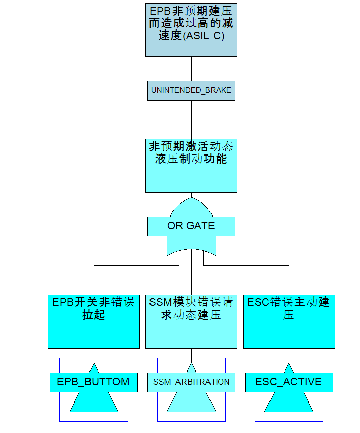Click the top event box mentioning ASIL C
191,30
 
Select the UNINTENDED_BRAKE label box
191,90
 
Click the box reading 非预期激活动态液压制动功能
191,166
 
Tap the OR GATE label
191,226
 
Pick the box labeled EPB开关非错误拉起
94,321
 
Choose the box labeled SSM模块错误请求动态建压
191,321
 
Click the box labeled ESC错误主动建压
289,321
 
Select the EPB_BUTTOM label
94,382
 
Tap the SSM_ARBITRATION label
191,382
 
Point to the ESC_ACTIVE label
289,382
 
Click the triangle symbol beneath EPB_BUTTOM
94,401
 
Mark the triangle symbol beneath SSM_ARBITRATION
191,401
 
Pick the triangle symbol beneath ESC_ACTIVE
289,401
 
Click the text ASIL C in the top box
205,36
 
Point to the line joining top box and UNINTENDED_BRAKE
191,69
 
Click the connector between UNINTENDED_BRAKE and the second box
191,119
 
